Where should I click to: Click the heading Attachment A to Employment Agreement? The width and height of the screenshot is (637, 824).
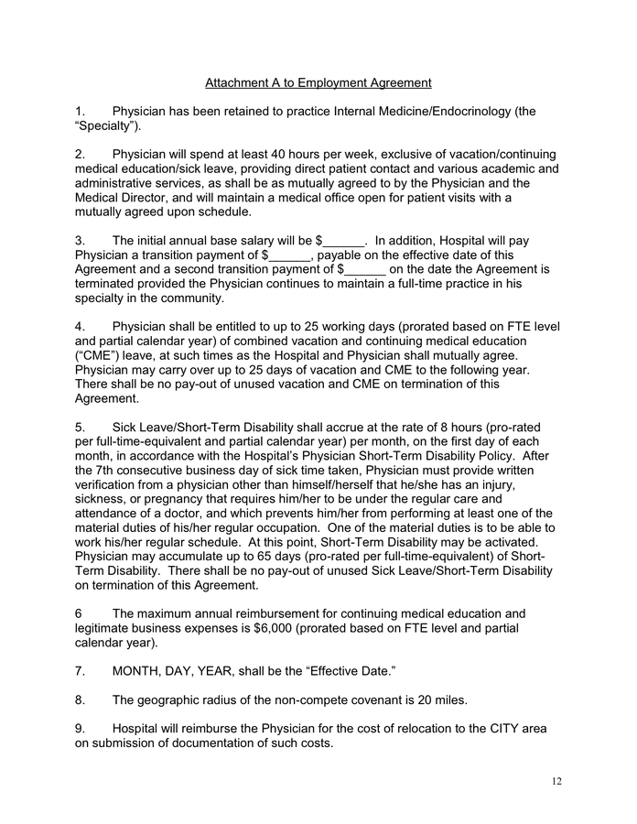(318, 83)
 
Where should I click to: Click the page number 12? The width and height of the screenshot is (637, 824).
(556, 780)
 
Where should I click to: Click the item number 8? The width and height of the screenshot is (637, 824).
(80, 700)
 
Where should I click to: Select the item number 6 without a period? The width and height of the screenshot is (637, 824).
(79, 613)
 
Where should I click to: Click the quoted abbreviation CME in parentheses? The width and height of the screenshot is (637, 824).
(97, 355)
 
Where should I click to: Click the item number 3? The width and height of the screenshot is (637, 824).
(80, 241)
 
